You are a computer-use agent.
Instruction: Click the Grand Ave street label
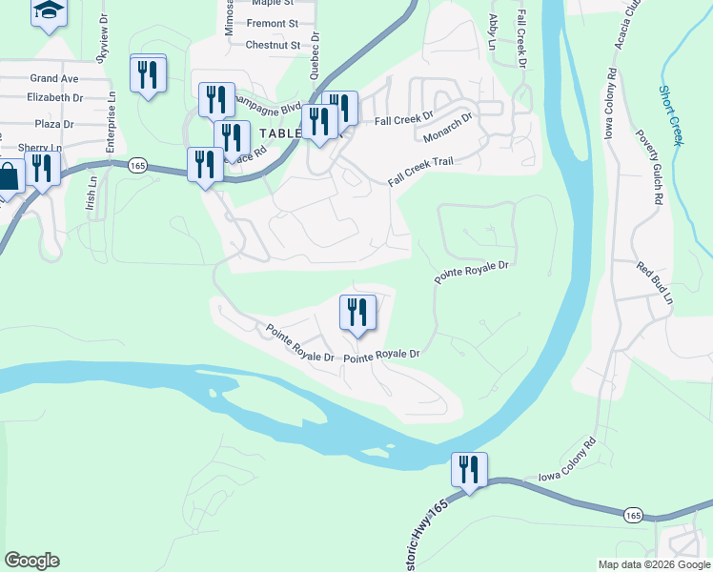click(x=53, y=78)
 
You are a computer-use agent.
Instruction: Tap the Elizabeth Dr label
click(x=55, y=97)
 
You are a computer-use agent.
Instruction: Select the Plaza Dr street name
click(x=53, y=124)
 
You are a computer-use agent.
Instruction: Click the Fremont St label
click(x=273, y=23)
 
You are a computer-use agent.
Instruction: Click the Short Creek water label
click(x=671, y=114)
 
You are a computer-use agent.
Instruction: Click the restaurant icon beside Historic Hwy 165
click(x=468, y=470)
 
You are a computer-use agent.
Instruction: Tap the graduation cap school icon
click(x=49, y=11)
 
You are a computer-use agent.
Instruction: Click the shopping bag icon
click(x=8, y=177)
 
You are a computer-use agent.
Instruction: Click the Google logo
click(x=31, y=561)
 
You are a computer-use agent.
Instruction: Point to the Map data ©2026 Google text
click(x=652, y=564)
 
